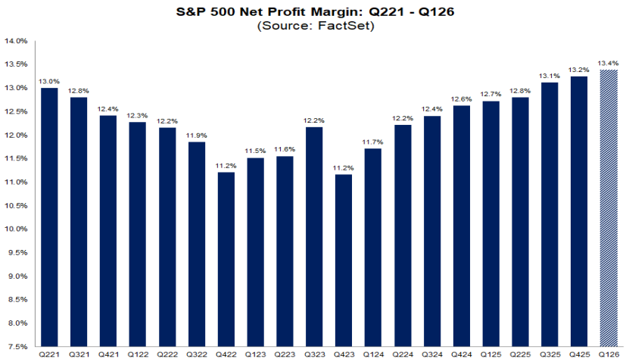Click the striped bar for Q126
click(608, 208)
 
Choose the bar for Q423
click(344, 260)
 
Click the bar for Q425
click(579, 211)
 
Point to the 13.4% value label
click(608, 63)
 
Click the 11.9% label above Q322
click(196, 134)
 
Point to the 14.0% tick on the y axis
click(17, 41)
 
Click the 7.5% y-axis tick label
click(18, 347)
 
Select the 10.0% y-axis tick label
click(17, 229)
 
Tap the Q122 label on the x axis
click(137, 354)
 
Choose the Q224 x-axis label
click(403, 354)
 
